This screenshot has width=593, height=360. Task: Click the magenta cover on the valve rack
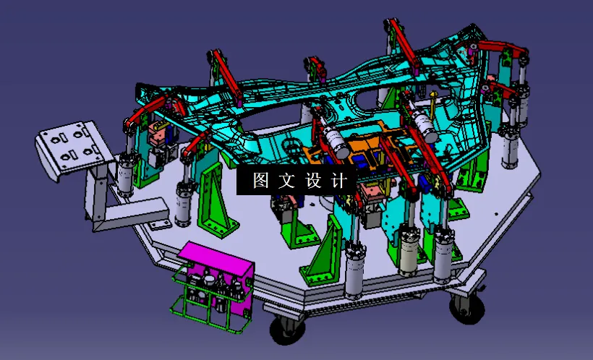(x=215, y=259)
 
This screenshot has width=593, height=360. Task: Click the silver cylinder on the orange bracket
(x=332, y=137)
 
